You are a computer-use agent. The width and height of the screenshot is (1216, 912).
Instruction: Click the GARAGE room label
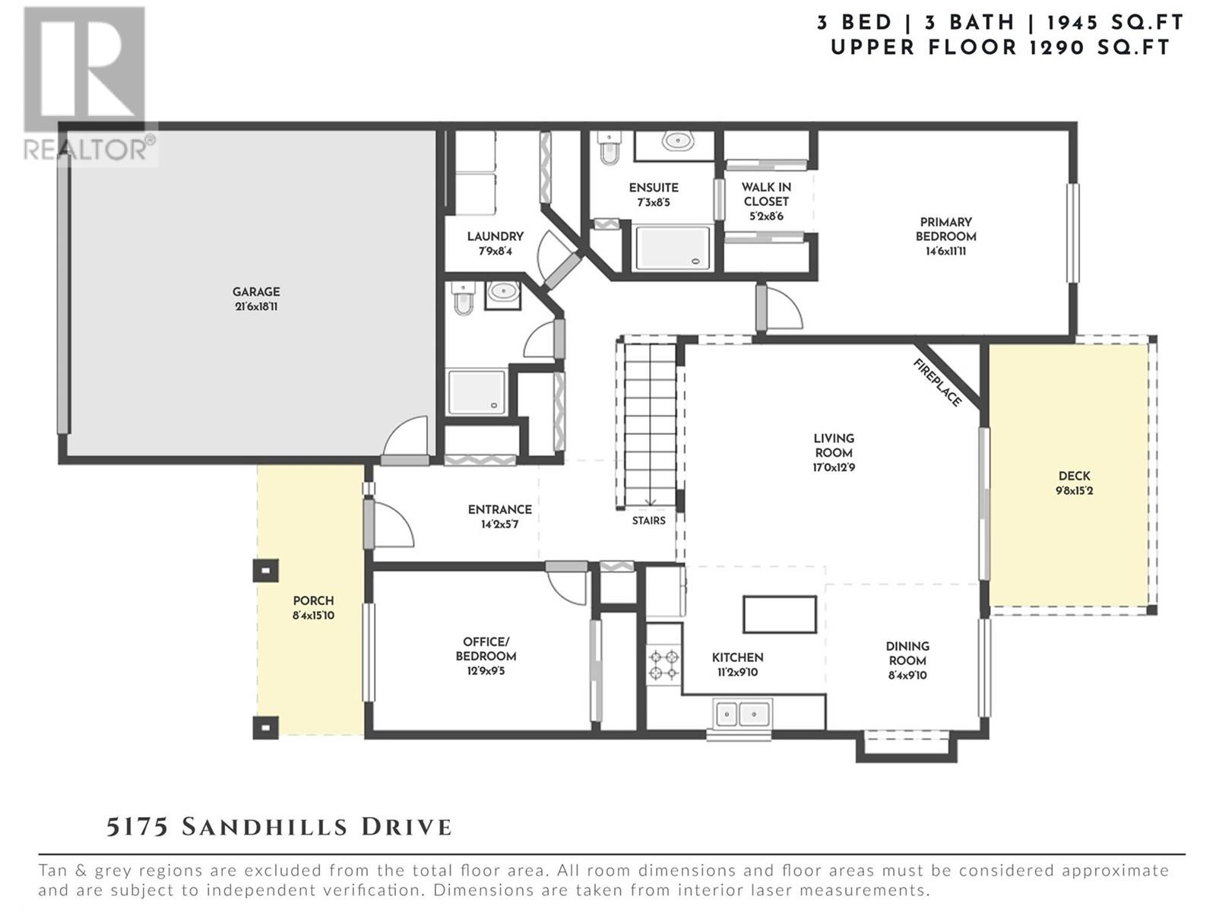point(256,292)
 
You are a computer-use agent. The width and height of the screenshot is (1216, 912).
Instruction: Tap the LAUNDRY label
point(496,236)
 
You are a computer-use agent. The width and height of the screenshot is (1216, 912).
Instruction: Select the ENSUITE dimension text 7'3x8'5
point(654,203)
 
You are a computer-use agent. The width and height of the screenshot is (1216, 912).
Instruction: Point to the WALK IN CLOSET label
point(766,195)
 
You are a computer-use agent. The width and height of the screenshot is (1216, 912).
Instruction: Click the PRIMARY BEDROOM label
point(945,230)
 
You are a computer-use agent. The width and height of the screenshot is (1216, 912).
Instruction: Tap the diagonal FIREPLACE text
point(937,382)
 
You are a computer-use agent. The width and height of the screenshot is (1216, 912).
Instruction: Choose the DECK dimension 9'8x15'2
point(1074,491)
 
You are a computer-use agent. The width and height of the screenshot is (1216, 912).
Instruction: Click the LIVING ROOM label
point(834,445)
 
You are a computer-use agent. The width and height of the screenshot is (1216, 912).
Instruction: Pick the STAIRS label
point(649,521)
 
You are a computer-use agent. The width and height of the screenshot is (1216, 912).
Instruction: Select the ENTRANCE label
point(499,509)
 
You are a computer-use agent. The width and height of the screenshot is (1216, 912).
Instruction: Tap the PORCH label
point(314,601)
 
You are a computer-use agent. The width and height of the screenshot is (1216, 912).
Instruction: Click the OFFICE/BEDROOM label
point(486,649)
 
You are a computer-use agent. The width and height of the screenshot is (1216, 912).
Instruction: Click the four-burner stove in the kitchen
point(663,665)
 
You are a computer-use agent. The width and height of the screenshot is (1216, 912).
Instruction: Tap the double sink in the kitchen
point(743,714)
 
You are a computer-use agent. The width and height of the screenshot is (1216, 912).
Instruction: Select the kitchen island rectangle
point(780,614)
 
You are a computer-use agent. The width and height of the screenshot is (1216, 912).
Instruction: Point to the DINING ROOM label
point(907,654)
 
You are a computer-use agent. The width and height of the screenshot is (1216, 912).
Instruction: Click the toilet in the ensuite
point(610,148)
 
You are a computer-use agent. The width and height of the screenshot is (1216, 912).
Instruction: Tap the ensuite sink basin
point(677,141)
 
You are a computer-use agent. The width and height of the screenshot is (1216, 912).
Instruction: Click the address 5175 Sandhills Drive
point(279,828)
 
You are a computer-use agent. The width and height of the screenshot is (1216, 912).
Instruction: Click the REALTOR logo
point(89,86)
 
